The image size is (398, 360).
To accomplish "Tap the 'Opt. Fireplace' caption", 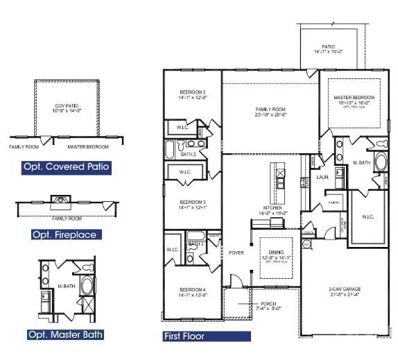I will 64,234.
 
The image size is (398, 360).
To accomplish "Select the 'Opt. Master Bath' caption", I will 66,334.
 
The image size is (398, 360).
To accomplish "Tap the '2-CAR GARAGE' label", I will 344,289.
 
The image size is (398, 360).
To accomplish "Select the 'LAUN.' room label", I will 322,177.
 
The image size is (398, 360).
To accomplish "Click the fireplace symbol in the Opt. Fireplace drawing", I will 63,202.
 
